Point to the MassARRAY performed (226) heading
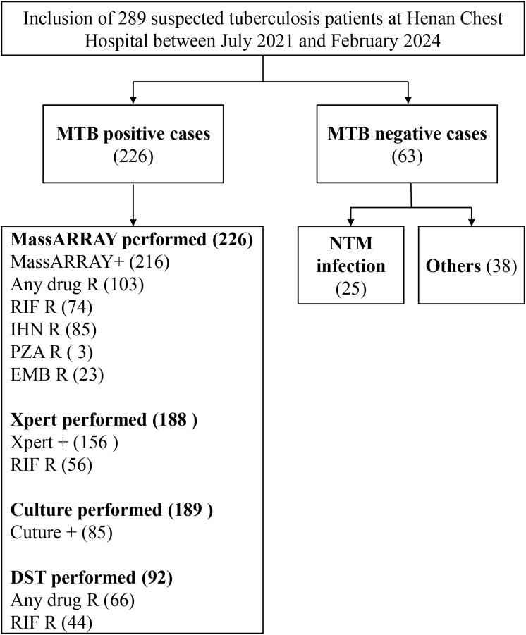[131, 240]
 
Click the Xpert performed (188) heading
[104, 421]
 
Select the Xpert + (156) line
[64, 443]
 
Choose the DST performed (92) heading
[92, 579]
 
